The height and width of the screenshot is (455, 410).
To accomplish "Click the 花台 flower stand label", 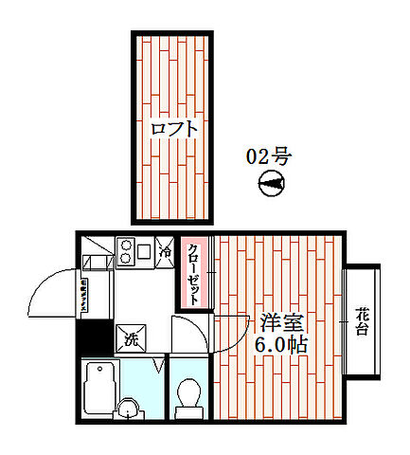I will point(363,322).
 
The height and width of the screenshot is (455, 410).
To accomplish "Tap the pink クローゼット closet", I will point(193,273).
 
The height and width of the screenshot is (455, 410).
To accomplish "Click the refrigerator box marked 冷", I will point(165,253).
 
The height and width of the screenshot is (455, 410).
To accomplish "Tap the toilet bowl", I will point(188,393).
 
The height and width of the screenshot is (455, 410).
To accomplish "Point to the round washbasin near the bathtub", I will point(126,409).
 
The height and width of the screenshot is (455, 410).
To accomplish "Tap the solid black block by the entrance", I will point(92,337).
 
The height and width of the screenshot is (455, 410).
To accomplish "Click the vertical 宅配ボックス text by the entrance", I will point(83,293).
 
